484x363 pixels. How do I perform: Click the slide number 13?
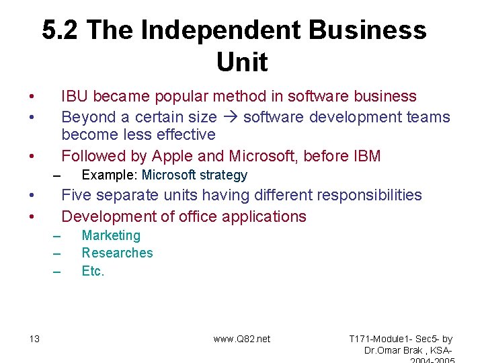(34, 339)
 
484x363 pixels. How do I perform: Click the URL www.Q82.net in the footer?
(242, 339)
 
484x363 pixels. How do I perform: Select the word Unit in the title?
(242, 63)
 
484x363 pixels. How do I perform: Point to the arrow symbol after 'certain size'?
(230, 118)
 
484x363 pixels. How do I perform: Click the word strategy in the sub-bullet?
(223, 175)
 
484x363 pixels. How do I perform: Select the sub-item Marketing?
(111, 236)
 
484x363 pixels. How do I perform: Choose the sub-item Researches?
(117, 253)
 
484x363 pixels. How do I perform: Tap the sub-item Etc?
(93, 271)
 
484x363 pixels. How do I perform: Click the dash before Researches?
(57, 254)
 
